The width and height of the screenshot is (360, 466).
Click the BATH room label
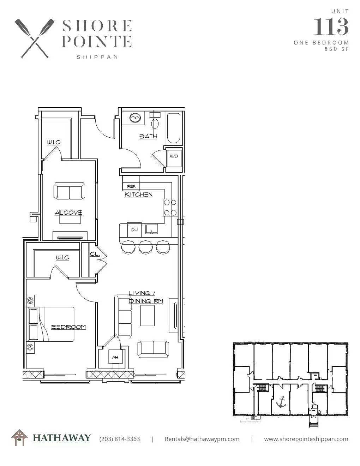click(x=148, y=136)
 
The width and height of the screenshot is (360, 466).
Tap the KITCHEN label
click(x=138, y=195)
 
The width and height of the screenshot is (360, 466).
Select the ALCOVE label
click(x=68, y=213)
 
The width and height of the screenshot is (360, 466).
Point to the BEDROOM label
click(x=68, y=327)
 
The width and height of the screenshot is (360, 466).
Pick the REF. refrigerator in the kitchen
click(x=131, y=183)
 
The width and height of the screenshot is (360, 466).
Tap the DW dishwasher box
click(x=134, y=230)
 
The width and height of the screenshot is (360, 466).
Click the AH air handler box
click(x=115, y=357)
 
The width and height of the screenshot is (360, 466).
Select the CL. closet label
click(x=95, y=254)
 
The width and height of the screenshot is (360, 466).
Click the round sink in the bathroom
click(x=135, y=118)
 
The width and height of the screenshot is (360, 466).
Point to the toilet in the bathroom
click(x=155, y=121)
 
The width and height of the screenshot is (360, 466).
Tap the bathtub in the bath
click(x=174, y=128)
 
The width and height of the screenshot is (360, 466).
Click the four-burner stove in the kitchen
click(x=170, y=208)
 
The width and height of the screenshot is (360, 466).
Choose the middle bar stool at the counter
click(x=145, y=247)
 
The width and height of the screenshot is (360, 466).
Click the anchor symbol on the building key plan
click(x=281, y=401)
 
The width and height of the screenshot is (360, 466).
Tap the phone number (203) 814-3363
click(x=120, y=439)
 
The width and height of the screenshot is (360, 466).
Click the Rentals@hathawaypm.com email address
click(x=202, y=439)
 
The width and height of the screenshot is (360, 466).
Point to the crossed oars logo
click(x=35, y=38)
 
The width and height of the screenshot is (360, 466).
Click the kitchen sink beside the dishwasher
click(x=152, y=229)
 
